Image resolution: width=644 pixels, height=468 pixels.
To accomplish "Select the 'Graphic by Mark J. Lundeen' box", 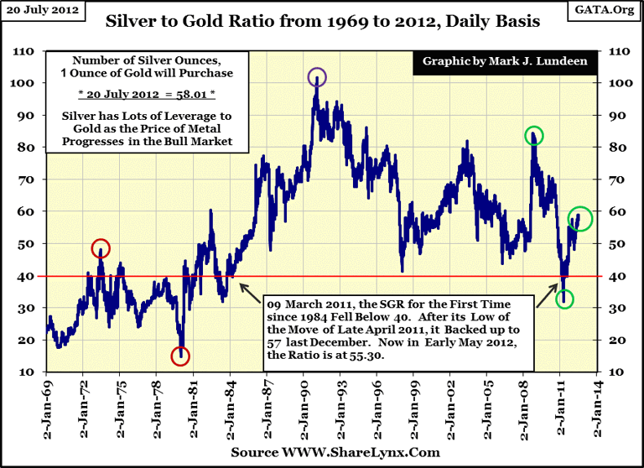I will [498, 62].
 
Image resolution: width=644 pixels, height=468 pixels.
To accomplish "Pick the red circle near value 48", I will [101, 248].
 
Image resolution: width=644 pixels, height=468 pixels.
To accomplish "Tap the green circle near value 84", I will [534, 135].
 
